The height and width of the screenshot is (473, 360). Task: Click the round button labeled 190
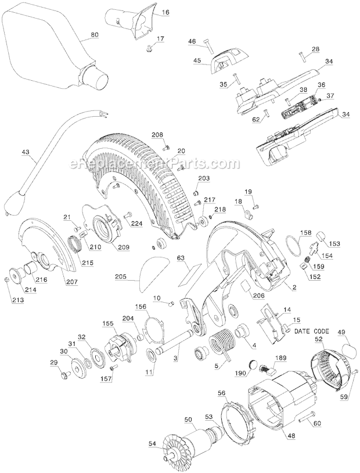coord(253,363)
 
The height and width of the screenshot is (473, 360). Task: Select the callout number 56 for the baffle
coord(221,393)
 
